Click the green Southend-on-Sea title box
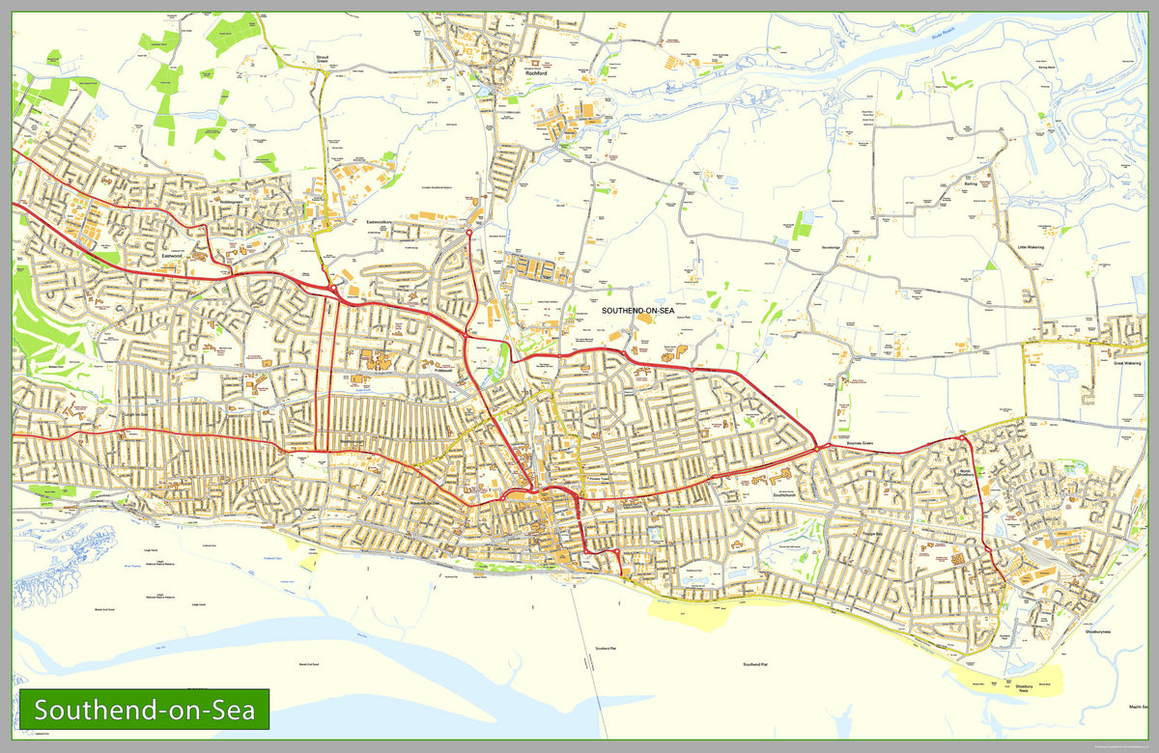(x=145, y=711)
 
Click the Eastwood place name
(x=173, y=255)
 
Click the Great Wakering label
(x=1126, y=364)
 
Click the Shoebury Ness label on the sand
(x=1024, y=688)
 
